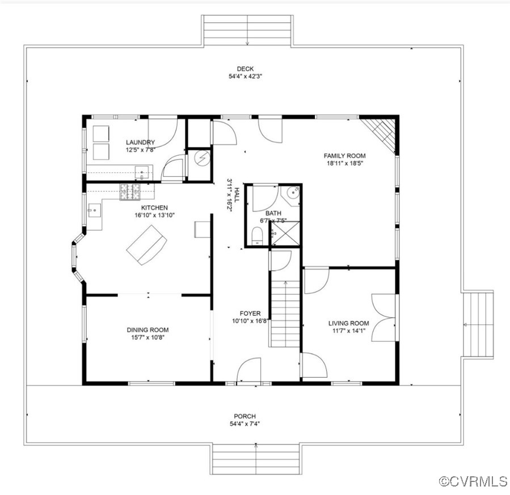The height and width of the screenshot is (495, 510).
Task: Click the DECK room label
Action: [245, 69]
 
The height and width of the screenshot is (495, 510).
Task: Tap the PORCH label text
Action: [245, 416]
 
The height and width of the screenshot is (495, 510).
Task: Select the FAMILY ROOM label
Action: [344, 155]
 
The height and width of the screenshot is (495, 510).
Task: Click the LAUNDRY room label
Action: [140, 142]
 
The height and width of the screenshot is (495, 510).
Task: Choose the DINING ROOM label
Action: [147, 329]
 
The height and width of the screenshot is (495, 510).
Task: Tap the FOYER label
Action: [250, 313]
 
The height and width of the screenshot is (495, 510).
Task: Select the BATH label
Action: [273, 213]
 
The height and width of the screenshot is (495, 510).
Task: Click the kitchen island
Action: [147, 244]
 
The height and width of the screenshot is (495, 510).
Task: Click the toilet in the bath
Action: [257, 236]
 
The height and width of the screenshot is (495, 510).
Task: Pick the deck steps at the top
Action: [247, 30]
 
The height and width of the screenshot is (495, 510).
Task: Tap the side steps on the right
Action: [478, 324]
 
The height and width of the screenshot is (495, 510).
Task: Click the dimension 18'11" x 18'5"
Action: [344, 163]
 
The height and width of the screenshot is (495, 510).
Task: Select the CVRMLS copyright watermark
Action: [473, 481]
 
